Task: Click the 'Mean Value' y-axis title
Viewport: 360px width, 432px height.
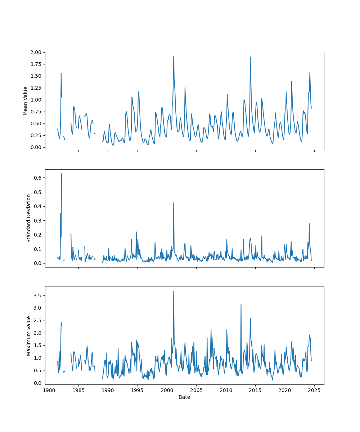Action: coord(26,101)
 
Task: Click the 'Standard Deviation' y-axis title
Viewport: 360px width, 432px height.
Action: coord(29,218)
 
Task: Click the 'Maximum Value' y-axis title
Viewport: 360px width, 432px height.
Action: coord(29,336)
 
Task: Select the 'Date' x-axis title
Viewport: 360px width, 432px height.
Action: coord(184,397)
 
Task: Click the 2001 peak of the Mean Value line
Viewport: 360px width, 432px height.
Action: coord(174,56)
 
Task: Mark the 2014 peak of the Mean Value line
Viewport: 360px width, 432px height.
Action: coord(250,57)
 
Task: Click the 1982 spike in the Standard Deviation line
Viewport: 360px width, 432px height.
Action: coord(62,174)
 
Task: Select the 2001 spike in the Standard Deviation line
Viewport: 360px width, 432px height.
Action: coord(174,203)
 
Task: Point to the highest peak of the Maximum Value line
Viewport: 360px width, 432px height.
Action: coord(174,291)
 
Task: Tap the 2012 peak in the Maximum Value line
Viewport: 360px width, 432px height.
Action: coord(241,304)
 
